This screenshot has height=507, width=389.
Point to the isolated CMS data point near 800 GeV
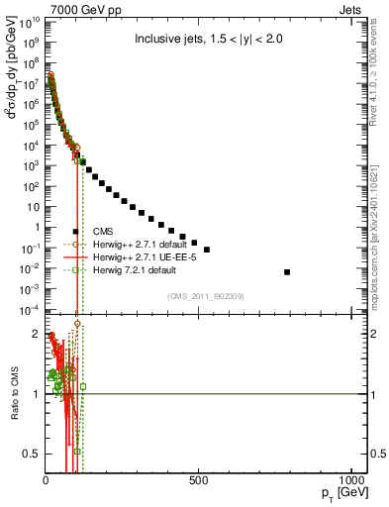(x=287, y=271)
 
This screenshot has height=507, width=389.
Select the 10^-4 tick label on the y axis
(x=30, y=311)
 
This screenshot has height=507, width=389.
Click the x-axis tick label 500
(x=199, y=481)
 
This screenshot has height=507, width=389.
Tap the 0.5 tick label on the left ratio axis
(x=33, y=454)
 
